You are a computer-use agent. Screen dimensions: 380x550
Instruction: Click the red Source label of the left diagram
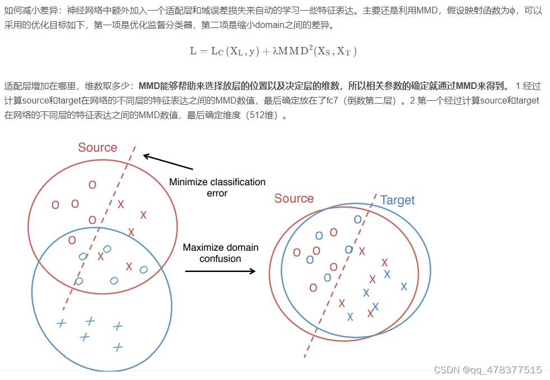click(97, 148)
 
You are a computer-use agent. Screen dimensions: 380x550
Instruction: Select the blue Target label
click(397, 200)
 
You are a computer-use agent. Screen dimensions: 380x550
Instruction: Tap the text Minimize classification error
click(217, 187)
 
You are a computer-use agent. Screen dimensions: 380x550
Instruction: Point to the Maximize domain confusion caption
click(221, 253)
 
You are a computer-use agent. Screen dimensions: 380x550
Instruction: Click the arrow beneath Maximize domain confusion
click(220, 271)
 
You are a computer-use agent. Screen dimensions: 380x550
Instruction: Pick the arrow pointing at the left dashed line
click(168, 162)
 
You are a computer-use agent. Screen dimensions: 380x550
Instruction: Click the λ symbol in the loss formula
click(275, 51)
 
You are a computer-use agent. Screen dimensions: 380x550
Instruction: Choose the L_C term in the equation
click(216, 51)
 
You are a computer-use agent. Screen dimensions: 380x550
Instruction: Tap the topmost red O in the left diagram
click(92, 185)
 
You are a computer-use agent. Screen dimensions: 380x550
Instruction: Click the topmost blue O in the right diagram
click(357, 219)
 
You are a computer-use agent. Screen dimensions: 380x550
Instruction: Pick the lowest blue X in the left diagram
click(118, 348)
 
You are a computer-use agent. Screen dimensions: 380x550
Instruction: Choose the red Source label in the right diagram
click(294, 199)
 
